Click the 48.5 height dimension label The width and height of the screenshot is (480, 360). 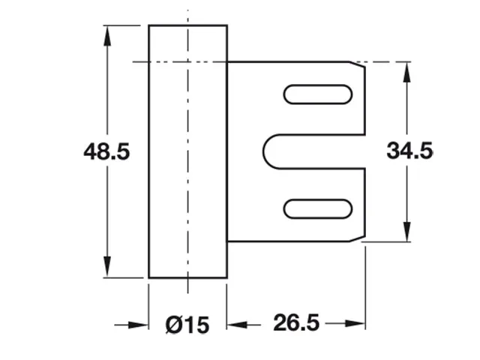click(107, 152)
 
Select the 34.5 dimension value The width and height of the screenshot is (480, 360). click(409, 151)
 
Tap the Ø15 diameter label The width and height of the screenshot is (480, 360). click(186, 325)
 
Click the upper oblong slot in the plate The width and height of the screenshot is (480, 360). click(317, 94)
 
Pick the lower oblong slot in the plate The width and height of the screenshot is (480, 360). click(317, 208)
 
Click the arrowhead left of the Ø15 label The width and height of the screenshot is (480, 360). click(139, 325)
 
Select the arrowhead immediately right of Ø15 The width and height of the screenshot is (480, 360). click(236, 325)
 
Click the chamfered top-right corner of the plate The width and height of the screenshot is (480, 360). click(360, 66)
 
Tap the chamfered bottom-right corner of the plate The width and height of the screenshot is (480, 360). click(360, 238)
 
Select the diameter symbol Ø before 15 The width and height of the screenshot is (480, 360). click(173, 325)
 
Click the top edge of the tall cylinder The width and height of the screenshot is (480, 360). click(187, 25)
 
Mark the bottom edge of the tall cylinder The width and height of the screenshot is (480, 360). click(187, 277)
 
